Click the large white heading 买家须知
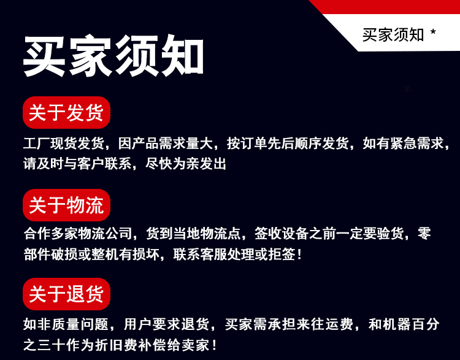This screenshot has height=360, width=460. pyautogui.click(x=113, y=55)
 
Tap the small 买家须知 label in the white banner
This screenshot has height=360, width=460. pyautogui.click(x=393, y=35)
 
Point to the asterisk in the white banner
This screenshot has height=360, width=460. pyautogui.click(x=433, y=32)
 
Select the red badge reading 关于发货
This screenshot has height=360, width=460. pyautogui.click(x=66, y=112)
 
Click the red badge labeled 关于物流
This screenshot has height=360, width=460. pyautogui.click(x=66, y=205)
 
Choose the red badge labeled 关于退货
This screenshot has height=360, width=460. pyautogui.click(x=66, y=294)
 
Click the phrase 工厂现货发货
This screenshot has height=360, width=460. pyautogui.click(x=64, y=144)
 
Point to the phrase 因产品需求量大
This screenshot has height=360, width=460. pyautogui.click(x=166, y=144)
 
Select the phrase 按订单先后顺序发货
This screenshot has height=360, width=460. pyautogui.click(x=288, y=144)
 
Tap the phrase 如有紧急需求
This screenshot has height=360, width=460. pyautogui.click(x=403, y=144)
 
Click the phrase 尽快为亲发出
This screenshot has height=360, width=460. pyautogui.click(x=186, y=163)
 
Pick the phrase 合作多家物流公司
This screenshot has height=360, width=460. pyautogui.click(x=78, y=234)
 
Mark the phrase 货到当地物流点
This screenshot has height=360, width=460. pyautogui.click(x=193, y=234)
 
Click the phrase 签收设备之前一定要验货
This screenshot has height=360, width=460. pyautogui.click(x=329, y=234)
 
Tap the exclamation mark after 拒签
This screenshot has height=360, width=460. pyautogui.click(x=299, y=254)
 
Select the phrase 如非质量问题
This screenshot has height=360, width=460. pyautogui.click(x=66, y=324)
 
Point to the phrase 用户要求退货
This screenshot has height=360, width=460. pyautogui.click(x=166, y=324)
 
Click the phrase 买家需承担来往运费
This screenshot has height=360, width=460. pyautogui.click(x=289, y=324)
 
